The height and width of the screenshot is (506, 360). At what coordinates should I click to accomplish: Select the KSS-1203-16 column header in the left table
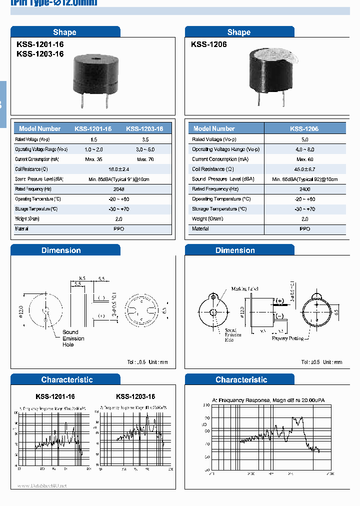(144, 128)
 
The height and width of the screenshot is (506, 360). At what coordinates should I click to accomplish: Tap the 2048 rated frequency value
(119, 189)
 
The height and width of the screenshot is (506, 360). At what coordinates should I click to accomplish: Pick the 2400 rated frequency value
(304, 189)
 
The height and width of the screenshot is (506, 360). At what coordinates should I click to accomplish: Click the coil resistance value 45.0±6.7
(304, 169)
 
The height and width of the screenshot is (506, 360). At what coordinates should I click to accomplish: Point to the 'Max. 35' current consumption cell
(93, 159)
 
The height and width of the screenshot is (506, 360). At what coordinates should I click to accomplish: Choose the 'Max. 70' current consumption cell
(144, 159)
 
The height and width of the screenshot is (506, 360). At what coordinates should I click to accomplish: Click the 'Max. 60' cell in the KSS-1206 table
(304, 159)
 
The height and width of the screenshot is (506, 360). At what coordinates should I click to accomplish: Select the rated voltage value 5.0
(304, 139)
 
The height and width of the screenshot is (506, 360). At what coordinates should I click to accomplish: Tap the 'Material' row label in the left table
(22, 228)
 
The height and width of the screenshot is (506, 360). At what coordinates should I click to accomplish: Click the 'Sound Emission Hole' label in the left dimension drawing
(73, 338)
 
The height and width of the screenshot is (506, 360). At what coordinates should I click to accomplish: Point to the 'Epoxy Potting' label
(287, 338)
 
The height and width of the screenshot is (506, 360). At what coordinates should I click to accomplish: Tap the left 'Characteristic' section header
(66, 380)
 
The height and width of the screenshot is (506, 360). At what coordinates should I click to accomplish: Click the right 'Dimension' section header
(235, 250)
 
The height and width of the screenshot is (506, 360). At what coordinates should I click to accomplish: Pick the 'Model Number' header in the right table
(214, 128)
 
